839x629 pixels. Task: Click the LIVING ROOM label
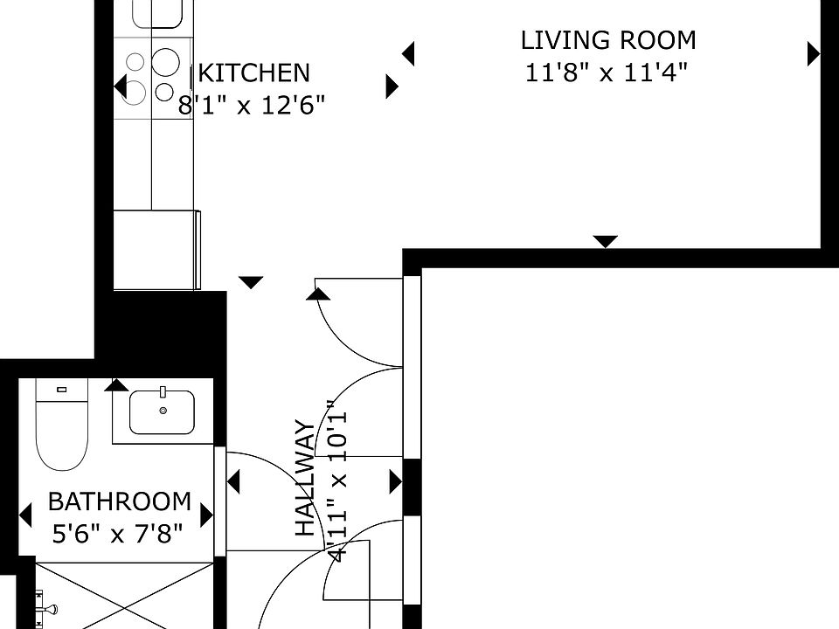pos(608,41)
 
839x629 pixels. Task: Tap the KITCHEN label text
pos(254,73)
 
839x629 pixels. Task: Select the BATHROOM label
pos(120,501)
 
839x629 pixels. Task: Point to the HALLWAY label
pos(306,479)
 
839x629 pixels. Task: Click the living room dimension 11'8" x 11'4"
pos(607,73)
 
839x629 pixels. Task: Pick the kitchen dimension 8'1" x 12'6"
pos(252,106)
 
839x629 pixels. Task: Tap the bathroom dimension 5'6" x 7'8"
pos(118,533)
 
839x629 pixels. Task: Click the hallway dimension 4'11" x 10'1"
pos(338,480)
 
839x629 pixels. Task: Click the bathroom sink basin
pos(163,412)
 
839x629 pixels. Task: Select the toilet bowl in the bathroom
pos(61,433)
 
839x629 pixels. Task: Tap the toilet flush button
pos(61,390)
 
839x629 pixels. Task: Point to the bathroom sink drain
pos(163,411)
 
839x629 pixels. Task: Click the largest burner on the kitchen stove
pos(165,61)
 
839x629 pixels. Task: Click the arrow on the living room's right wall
pos(814,53)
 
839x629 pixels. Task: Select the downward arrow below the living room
pos(605,242)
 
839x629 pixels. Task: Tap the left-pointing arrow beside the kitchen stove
pos(121,86)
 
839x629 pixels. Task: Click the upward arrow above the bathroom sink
pos(116,384)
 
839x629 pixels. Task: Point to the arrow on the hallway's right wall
pos(396,482)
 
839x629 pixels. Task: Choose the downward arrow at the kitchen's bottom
pos(251,282)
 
